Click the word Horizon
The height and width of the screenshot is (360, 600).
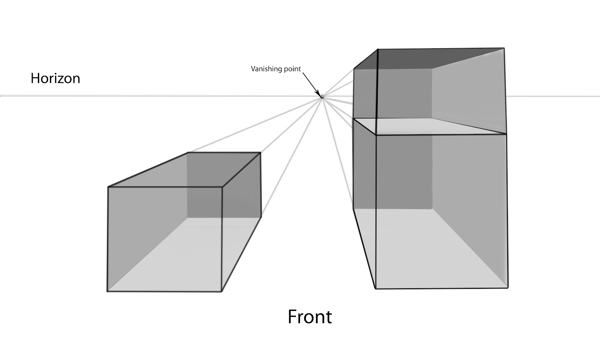click(x=55, y=78)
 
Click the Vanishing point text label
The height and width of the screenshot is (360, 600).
click(x=276, y=69)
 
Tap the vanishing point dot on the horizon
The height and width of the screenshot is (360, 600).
click(x=322, y=97)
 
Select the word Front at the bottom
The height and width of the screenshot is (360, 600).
click(x=309, y=317)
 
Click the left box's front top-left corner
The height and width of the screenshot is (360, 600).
click(x=108, y=187)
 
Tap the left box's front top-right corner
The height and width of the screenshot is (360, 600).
click(x=223, y=187)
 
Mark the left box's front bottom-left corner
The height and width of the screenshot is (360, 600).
click(x=107, y=291)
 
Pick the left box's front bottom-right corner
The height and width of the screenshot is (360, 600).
click(x=221, y=291)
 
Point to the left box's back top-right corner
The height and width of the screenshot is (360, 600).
click(x=261, y=153)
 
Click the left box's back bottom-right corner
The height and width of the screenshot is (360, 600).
click(x=261, y=217)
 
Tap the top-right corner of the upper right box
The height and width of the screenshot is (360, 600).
click(x=504, y=48)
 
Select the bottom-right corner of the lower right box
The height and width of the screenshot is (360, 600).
click(x=508, y=288)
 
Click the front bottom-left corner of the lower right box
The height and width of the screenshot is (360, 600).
click(x=375, y=288)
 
